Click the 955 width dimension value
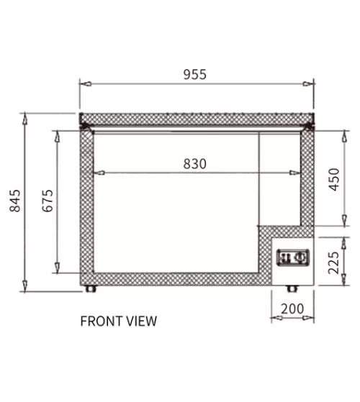[194, 74]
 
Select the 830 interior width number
[194, 164]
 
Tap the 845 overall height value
[15, 201]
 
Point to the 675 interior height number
[48, 201]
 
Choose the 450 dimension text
[334, 180]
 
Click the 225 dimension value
[334, 262]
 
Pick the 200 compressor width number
[292, 309]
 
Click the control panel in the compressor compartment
[293, 257]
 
